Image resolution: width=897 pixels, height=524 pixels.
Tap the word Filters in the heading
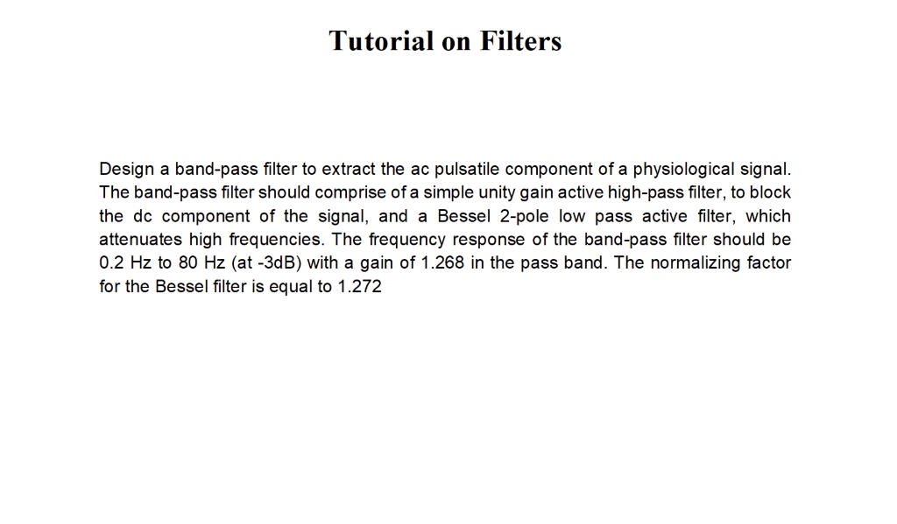(520, 40)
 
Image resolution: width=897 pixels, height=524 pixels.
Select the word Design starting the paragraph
(126, 169)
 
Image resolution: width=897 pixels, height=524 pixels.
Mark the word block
(771, 192)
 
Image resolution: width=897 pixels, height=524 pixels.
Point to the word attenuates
(139, 240)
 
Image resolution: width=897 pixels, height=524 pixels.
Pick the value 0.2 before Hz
(111, 263)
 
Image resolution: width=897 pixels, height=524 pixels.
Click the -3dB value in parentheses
(268, 263)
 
